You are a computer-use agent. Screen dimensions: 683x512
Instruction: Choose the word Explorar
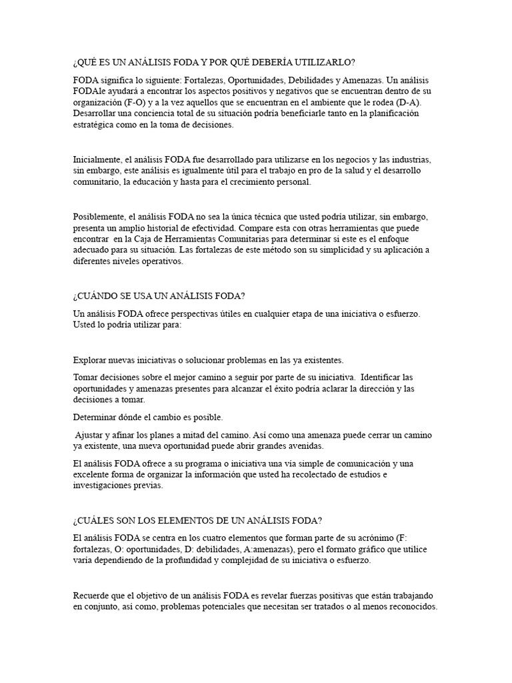(x=91, y=360)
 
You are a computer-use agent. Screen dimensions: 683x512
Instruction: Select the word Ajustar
(x=91, y=434)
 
